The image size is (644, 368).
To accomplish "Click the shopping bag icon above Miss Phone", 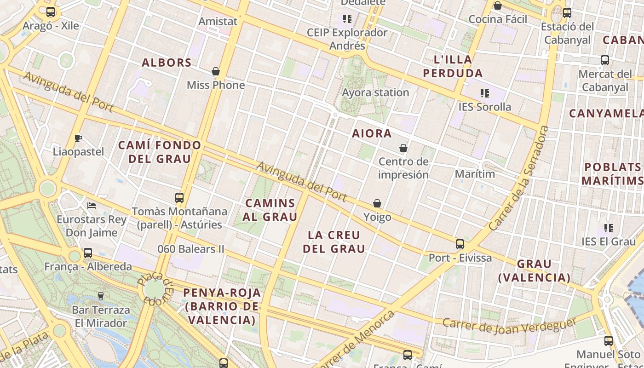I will click(x=215, y=71).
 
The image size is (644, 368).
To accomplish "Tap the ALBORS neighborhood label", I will click(x=167, y=63).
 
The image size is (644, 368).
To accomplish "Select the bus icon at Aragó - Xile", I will click(x=51, y=12).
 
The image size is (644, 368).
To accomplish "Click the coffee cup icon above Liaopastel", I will click(x=78, y=138).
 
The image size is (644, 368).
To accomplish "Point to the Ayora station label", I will click(x=375, y=92).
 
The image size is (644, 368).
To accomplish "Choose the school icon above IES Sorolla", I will click(x=484, y=93).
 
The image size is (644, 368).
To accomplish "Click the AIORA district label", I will click(x=372, y=133).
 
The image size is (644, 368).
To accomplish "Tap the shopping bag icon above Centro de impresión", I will click(x=403, y=148).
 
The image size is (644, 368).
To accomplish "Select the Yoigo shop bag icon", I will click(x=377, y=203).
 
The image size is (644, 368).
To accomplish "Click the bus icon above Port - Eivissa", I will click(x=460, y=244).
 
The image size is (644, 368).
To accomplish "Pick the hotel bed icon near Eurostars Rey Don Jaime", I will click(x=92, y=205).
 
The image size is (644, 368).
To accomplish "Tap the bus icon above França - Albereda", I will click(x=88, y=253).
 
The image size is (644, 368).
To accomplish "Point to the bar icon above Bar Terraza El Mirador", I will click(x=101, y=296).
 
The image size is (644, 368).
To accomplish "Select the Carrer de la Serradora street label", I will click(x=519, y=178).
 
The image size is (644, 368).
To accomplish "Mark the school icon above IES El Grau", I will click(x=609, y=228).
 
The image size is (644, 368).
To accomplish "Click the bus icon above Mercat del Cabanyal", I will click(x=605, y=60).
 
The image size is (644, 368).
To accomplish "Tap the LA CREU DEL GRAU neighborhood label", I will click(x=336, y=242).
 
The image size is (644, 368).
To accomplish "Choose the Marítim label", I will click(x=475, y=174).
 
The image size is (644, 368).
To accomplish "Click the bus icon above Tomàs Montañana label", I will click(x=179, y=198).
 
